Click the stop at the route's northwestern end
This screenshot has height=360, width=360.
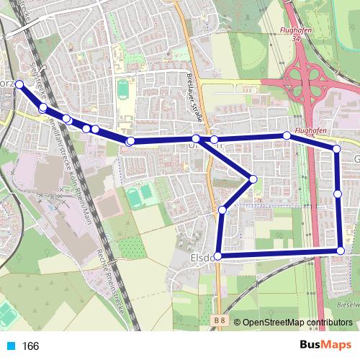19,85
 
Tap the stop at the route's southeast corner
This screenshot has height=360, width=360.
341,251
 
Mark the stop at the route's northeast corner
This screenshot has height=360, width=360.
336,149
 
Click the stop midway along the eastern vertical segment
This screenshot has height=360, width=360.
338,194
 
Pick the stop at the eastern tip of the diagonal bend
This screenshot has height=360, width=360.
253,179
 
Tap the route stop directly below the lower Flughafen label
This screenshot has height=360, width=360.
287,135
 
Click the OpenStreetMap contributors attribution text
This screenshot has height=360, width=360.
297,323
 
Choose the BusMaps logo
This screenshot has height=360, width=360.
325,346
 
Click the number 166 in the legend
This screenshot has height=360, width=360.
31,346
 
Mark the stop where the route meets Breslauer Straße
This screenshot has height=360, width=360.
196,138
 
